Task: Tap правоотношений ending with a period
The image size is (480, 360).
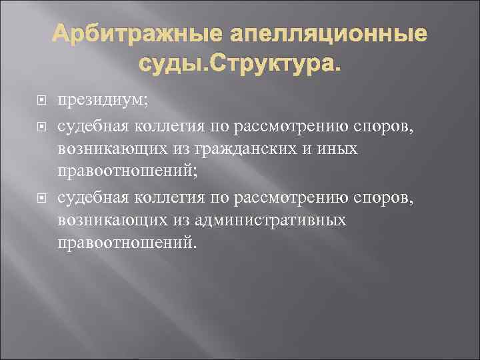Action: coord(127,243)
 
